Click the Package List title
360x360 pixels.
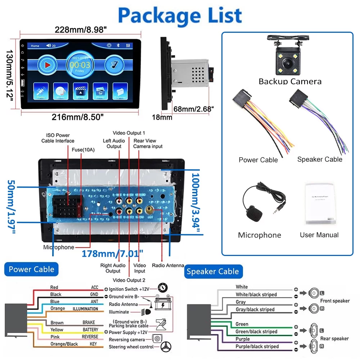click(x=180, y=15)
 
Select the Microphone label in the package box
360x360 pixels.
click(x=259, y=235)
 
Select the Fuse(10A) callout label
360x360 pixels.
click(x=84, y=150)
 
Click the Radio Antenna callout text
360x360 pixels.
click(x=168, y=265)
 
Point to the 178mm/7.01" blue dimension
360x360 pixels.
click(x=112, y=254)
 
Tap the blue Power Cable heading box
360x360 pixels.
click(x=31, y=269)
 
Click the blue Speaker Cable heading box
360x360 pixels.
click(x=212, y=271)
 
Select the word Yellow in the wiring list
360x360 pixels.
click(x=57, y=329)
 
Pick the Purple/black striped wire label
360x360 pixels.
click(x=257, y=346)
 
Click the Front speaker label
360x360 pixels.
click(x=335, y=301)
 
